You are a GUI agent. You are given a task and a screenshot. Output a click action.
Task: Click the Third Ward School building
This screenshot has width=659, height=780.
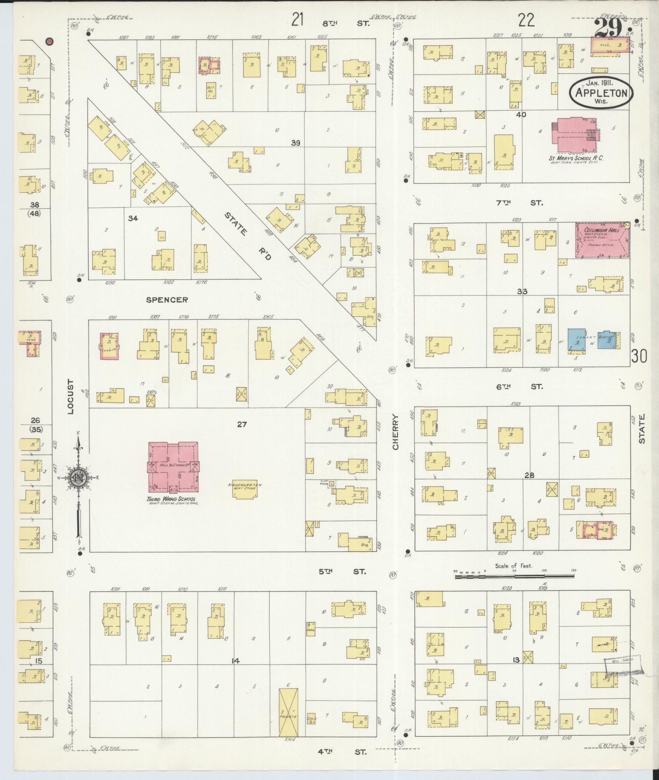coord(173,466)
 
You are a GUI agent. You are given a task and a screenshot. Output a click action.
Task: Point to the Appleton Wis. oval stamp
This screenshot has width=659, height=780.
coord(601,93)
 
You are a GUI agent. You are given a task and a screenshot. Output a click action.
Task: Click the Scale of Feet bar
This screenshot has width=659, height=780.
coord(514,575)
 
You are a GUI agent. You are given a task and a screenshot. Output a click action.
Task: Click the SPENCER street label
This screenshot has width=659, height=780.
coord(167,300)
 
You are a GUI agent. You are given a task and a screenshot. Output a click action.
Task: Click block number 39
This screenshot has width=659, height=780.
coord(296,142)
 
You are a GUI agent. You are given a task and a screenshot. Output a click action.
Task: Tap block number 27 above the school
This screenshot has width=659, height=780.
coord(242,425)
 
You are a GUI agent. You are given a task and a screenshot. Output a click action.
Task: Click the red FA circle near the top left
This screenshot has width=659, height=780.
coord(50,41)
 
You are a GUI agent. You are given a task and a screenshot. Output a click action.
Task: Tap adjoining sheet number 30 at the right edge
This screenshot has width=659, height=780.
coord(639,356)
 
